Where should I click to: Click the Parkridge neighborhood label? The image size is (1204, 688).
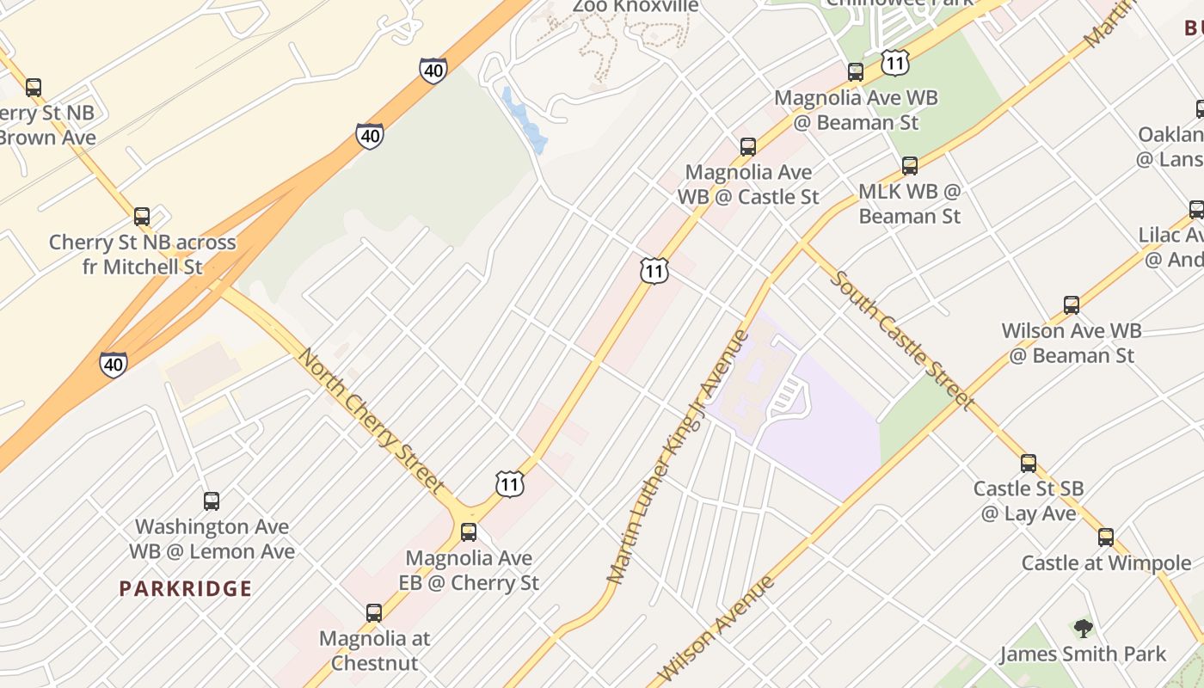click(x=186, y=589)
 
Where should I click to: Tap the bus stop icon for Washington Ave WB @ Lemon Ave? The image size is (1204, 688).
click(x=212, y=501)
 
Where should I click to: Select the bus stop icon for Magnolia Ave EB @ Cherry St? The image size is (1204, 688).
click(x=469, y=532)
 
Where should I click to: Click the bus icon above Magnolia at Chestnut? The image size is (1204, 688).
click(x=374, y=613)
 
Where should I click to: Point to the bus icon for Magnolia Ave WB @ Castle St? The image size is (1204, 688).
click(x=748, y=147)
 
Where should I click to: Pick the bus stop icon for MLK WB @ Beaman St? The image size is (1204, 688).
click(x=910, y=166)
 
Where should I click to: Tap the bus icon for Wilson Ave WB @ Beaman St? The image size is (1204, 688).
click(x=1072, y=305)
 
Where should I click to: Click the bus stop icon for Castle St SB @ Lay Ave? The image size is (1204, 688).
click(x=1029, y=464)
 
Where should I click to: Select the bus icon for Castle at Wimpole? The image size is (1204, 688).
click(x=1106, y=538)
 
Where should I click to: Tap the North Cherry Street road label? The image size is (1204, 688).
click(x=371, y=421)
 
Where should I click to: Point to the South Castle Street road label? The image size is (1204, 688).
click(x=902, y=341)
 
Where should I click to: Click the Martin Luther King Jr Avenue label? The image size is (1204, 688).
click(x=679, y=456)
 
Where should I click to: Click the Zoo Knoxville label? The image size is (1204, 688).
click(x=636, y=7)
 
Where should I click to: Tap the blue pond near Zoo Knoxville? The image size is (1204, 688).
click(x=525, y=121)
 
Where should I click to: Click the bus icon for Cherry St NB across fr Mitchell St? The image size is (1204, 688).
click(x=142, y=217)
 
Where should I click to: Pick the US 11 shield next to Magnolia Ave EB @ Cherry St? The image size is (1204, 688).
click(x=510, y=484)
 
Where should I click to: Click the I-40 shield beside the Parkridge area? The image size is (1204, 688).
click(x=114, y=365)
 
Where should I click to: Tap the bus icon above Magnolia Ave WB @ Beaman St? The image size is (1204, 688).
click(x=856, y=72)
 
